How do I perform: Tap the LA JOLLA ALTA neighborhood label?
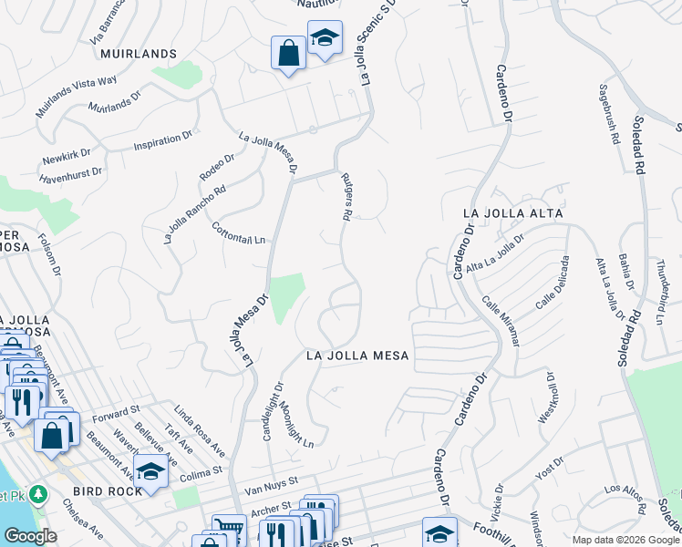click(x=512, y=213)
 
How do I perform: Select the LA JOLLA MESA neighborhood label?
click(x=356, y=355)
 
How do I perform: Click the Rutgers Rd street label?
click(x=346, y=198)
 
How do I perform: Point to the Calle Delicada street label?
click(x=552, y=282)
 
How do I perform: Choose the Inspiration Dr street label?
click(x=163, y=141)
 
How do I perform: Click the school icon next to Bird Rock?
click(x=150, y=471)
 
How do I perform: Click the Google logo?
click(x=30, y=536)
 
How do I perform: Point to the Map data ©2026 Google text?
click(x=625, y=540)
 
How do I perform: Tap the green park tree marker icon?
click(x=37, y=494)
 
